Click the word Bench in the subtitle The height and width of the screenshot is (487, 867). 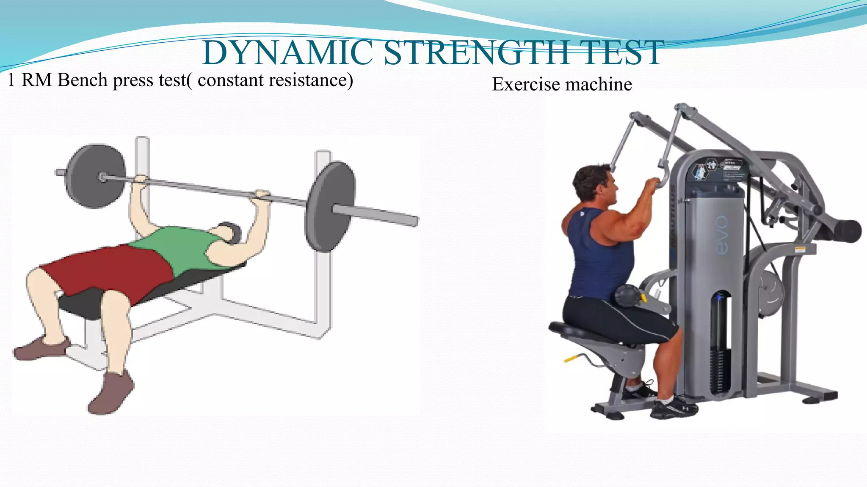point(82,80)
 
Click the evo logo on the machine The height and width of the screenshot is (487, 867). point(722,235)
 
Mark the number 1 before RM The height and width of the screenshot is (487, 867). point(11,80)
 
